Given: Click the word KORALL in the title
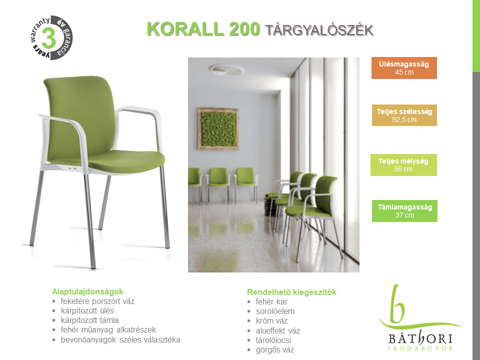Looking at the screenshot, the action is tap(185, 29).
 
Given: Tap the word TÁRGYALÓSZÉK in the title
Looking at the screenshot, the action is tap(319, 30).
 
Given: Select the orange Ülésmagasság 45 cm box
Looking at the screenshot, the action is tap(404, 68).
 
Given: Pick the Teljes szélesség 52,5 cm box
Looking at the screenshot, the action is tap(404, 115).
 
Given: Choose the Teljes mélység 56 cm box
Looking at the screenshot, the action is tap(403, 165).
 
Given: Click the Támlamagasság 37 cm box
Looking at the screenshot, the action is tap(404, 211).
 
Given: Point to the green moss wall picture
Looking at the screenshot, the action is tap(218, 129).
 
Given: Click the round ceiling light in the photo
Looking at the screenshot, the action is tap(226, 69).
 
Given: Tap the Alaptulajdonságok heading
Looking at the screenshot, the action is tap(87, 291).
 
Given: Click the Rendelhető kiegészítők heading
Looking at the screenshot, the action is tap(291, 292).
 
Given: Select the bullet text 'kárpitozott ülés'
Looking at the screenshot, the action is tap(87, 310).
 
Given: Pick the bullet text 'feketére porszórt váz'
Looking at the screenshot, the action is tap(97, 301).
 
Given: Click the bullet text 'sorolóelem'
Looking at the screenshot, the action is tap(275, 311).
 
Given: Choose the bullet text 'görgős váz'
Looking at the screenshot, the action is tap(275, 349).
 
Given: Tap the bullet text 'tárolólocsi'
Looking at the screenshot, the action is tap(273, 340).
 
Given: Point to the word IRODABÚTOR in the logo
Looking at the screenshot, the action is tap(420, 348).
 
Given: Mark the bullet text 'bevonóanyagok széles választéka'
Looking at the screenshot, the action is tap(120, 340).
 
